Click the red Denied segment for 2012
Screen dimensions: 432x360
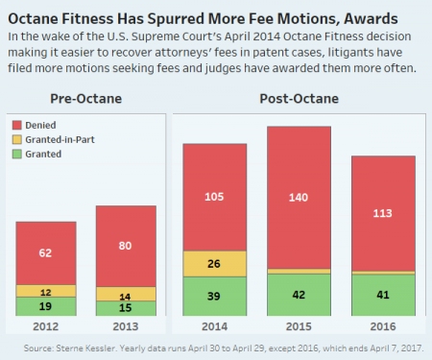[46, 253]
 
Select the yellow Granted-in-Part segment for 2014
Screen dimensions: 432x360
[215, 264]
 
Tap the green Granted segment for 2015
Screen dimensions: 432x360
[299, 295]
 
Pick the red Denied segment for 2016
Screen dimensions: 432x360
[383, 213]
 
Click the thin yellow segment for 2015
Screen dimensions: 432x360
[299, 272]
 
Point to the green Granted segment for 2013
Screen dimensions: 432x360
[126, 308]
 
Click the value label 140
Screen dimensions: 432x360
[299, 198]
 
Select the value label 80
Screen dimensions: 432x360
[125, 246]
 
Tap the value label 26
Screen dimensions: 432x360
[214, 264]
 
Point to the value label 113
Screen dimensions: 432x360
[382, 213]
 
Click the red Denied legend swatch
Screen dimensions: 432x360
[17, 125]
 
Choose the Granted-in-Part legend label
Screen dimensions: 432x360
[60, 140]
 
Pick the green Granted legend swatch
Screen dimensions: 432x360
[17, 155]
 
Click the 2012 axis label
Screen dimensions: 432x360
[46, 326]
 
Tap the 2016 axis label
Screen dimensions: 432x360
[383, 326]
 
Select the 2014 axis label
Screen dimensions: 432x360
[214, 326]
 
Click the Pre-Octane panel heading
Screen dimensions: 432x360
[86, 99]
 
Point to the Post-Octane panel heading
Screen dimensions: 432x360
[300, 99]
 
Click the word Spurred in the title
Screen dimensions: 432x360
[176, 19]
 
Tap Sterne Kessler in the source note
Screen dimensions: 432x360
[85, 348]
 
